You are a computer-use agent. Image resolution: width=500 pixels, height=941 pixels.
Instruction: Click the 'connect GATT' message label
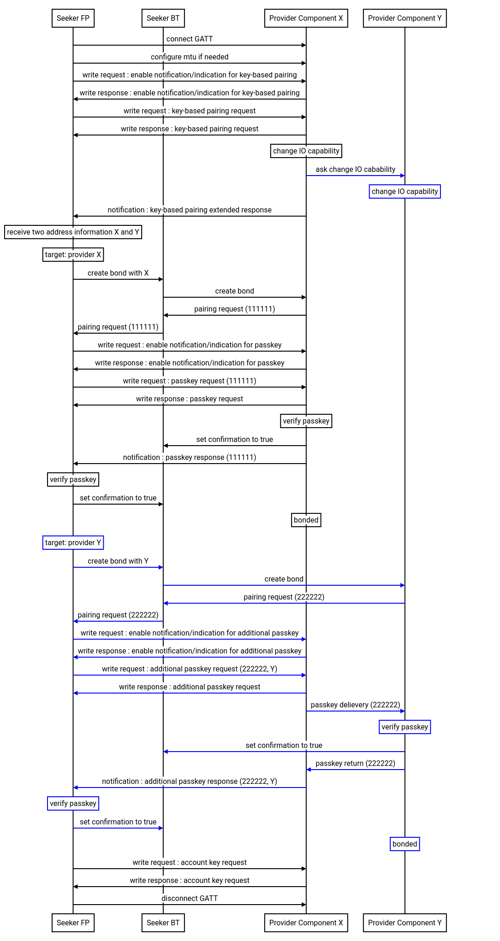click(x=190, y=39)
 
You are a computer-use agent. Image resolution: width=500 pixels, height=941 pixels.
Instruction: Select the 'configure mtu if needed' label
click(x=190, y=57)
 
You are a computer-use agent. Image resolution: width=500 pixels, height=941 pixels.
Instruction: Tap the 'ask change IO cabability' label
click(x=355, y=170)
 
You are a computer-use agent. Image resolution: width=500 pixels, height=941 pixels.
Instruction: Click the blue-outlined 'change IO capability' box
click(x=405, y=192)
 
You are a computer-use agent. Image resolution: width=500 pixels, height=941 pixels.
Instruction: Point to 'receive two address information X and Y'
click(x=73, y=232)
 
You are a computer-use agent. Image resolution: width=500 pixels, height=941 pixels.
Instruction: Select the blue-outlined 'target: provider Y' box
click(x=73, y=543)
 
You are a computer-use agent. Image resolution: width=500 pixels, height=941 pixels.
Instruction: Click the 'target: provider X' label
click(x=73, y=255)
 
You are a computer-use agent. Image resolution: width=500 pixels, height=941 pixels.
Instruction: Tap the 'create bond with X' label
click(x=118, y=273)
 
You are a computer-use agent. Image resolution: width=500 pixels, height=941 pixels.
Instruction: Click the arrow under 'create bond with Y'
click(x=118, y=567)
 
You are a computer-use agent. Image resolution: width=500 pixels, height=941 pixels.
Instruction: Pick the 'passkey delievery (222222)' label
click(x=355, y=705)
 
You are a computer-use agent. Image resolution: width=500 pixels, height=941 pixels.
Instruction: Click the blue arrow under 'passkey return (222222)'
click(x=355, y=770)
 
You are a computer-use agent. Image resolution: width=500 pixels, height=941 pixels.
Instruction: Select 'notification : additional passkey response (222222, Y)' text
click(x=190, y=782)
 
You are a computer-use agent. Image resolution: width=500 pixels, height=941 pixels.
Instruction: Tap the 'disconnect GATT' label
click(x=190, y=899)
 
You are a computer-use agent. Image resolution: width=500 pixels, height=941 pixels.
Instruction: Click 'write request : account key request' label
click(x=190, y=863)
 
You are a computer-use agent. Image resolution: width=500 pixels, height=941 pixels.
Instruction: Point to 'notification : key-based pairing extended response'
click(x=190, y=210)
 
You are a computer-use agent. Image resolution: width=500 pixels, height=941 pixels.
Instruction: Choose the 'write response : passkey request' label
click(x=190, y=399)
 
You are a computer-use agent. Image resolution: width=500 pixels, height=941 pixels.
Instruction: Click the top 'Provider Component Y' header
click(x=405, y=18)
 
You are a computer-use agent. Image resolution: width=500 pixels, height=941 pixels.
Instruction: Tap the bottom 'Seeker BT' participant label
click(x=163, y=923)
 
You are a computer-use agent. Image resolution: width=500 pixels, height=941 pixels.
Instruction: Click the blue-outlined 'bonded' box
click(x=405, y=844)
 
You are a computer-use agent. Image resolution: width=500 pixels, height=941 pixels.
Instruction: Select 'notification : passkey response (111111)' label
click(x=190, y=458)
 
